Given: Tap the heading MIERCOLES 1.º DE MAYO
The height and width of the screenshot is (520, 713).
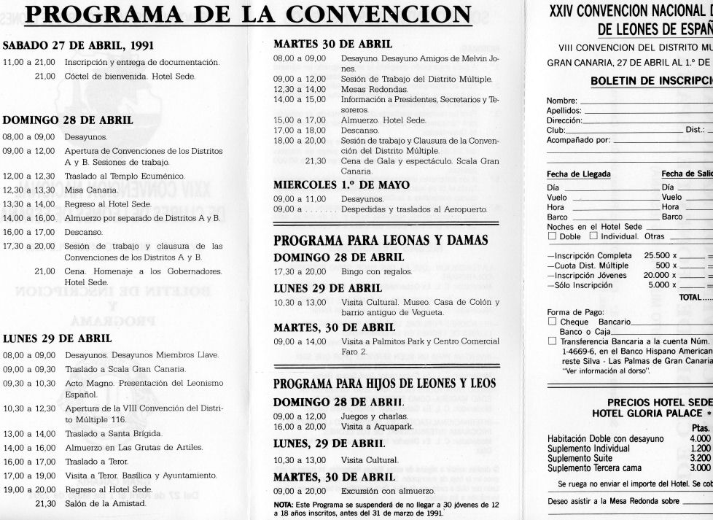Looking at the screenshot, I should coord(341,185).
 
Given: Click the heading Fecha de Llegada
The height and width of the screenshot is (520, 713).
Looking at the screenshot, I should coord(574,174).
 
